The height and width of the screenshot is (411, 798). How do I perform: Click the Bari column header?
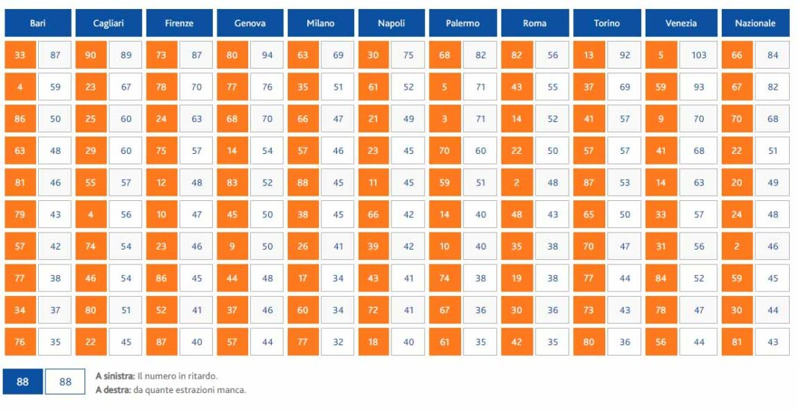tap(37, 23)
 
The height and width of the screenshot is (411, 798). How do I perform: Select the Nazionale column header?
tap(755, 23)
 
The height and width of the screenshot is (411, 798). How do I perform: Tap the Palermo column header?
tap(463, 23)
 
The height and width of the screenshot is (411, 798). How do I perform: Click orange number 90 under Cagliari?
tap(90, 55)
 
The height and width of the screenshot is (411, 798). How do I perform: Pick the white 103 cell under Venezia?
tap(699, 55)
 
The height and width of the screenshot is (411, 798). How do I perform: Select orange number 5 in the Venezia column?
tap(661, 55)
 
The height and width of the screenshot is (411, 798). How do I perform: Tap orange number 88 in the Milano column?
tap(303, 182)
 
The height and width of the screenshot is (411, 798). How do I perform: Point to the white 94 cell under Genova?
tap(267, 55)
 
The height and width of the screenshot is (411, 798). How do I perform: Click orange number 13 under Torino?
tap(589, 55)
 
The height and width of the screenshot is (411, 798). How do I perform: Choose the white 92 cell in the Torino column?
tap(625, 55)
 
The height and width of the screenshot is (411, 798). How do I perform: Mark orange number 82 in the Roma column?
tap(516, 55)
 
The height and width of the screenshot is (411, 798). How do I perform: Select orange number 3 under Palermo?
tap(445, 119)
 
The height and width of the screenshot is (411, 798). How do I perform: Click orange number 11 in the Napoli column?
tap(373, 182)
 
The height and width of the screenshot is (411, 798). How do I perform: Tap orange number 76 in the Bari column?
tap(19, 342)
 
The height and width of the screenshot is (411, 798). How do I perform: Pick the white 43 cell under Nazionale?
tap(773, 342)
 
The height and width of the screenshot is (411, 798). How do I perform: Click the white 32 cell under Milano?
tap(338, 342)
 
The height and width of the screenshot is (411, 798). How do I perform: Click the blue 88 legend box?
tap(22, 382)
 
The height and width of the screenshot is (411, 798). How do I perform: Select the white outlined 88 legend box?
tap(65, 382)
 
